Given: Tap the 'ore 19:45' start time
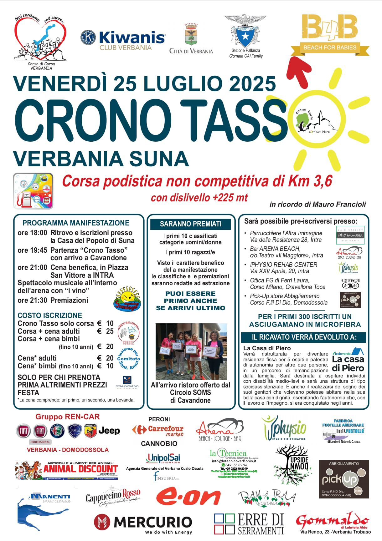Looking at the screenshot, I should coord(32,250).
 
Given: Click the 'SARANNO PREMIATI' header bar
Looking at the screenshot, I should coord(190,224).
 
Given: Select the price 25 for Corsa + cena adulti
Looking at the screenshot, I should coord(110,331).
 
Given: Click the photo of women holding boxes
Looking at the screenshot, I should coord(191,351).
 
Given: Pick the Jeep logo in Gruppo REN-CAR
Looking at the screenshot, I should coord(109,431).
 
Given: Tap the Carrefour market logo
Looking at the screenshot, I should coord(158,431).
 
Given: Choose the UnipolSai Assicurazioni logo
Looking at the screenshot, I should coord(163,458).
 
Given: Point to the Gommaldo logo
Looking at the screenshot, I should coord(333,520).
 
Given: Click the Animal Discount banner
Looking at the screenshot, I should coord(66,470).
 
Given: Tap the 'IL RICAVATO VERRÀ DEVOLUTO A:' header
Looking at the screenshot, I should coord(304,337).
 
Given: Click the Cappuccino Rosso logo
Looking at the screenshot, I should coord(113,496).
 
